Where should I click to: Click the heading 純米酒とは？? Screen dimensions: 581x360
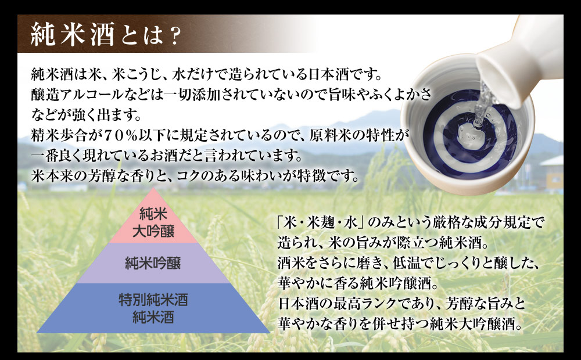pyautogui.click(x=106, y=34)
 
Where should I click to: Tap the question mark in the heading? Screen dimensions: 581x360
pyautogui.click(x=172, y=35)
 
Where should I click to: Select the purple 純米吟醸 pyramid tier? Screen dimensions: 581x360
pyautogui.click(x=153, y=264)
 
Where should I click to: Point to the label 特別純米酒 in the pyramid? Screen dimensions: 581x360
pyautogui.click(x=153, y=300)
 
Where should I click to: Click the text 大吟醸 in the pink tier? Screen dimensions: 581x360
pyautogui.click(x=153, y=232)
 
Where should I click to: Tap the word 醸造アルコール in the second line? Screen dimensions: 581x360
pyautogui.click(x=77, y=95)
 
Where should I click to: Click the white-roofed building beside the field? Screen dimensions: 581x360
pyautogui.click(x=552, y=172)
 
